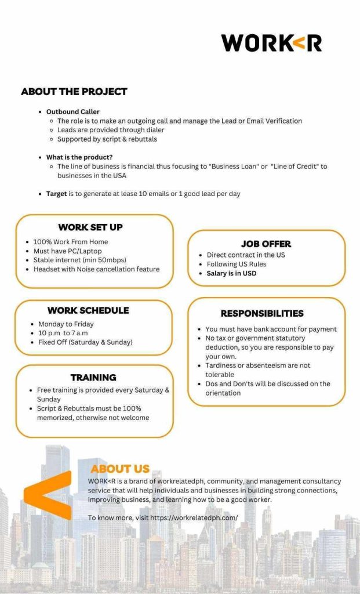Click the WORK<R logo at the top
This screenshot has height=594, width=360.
(x=271, y=43)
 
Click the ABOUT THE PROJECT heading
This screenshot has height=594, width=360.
(x=74, y=92)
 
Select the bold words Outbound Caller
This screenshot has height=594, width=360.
(x=72, y=111)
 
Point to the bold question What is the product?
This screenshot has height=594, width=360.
(x=79, y=157)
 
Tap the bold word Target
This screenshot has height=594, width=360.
(x=57, y=194)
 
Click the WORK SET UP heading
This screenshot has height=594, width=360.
(x=90, y=227)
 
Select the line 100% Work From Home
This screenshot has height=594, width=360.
(x=70, y=242)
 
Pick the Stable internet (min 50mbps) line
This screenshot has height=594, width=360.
(x=79, y=260)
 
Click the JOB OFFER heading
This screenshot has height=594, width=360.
(x=266, y=244)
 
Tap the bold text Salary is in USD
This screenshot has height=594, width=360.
(x=231, y=273)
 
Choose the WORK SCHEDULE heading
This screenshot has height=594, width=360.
(x=88, y=310)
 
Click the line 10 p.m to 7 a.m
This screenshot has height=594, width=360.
(x=64, y=333)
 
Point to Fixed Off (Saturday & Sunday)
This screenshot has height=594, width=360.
(x=85, y=342)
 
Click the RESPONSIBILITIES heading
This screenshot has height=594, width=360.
(x=262, y=313)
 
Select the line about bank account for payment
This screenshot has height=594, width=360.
(x=271, y=329)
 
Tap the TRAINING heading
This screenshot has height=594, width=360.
(x=93, y=378)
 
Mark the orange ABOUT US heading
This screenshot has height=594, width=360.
(x=120, y=469)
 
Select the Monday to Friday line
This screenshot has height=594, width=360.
(x=66, y=324)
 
